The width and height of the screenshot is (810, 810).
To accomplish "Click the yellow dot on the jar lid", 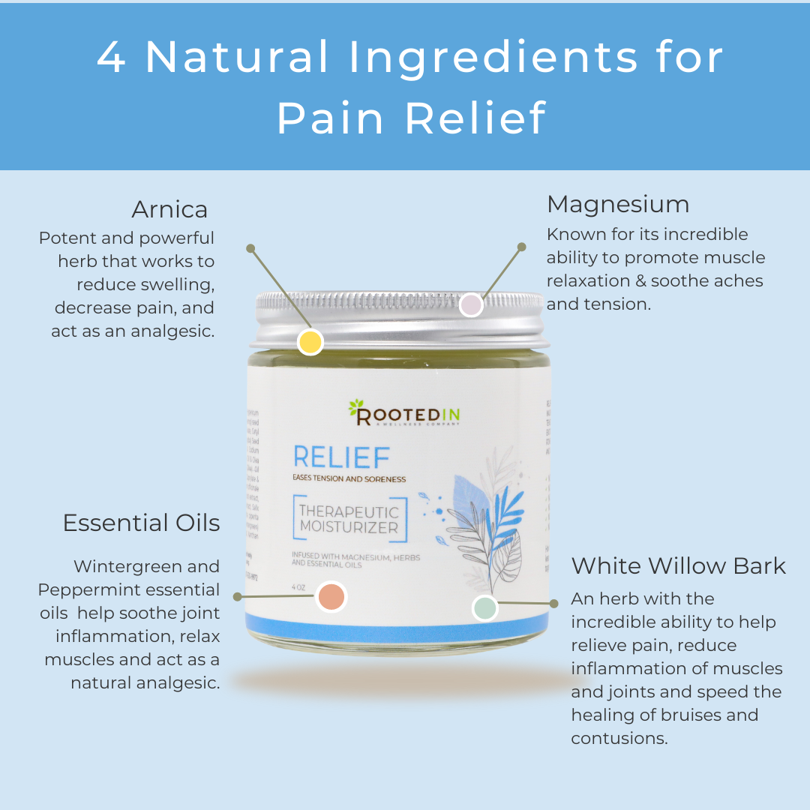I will pos(310,342).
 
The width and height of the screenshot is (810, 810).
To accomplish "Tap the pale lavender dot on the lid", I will pos(470,304).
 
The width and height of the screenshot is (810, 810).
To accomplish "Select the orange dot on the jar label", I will pos(331,597).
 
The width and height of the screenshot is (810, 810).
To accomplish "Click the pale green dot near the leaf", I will pos(484,608).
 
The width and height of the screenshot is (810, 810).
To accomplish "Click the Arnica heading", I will pos(169,208).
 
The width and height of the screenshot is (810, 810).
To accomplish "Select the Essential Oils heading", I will pos(141,523).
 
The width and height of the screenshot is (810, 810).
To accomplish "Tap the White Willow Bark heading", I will pos(678,565).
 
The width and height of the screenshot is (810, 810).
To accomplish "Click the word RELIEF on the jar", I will pos(341,457).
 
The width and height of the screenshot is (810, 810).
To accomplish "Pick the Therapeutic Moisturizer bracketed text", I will pos(349,518).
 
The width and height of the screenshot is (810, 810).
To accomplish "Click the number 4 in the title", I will pos(111,57).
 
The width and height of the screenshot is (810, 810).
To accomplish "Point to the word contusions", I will pos(619,738).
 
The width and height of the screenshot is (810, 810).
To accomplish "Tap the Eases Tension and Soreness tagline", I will pos(349,479).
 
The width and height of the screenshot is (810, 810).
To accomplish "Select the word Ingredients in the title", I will pos(465,57).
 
